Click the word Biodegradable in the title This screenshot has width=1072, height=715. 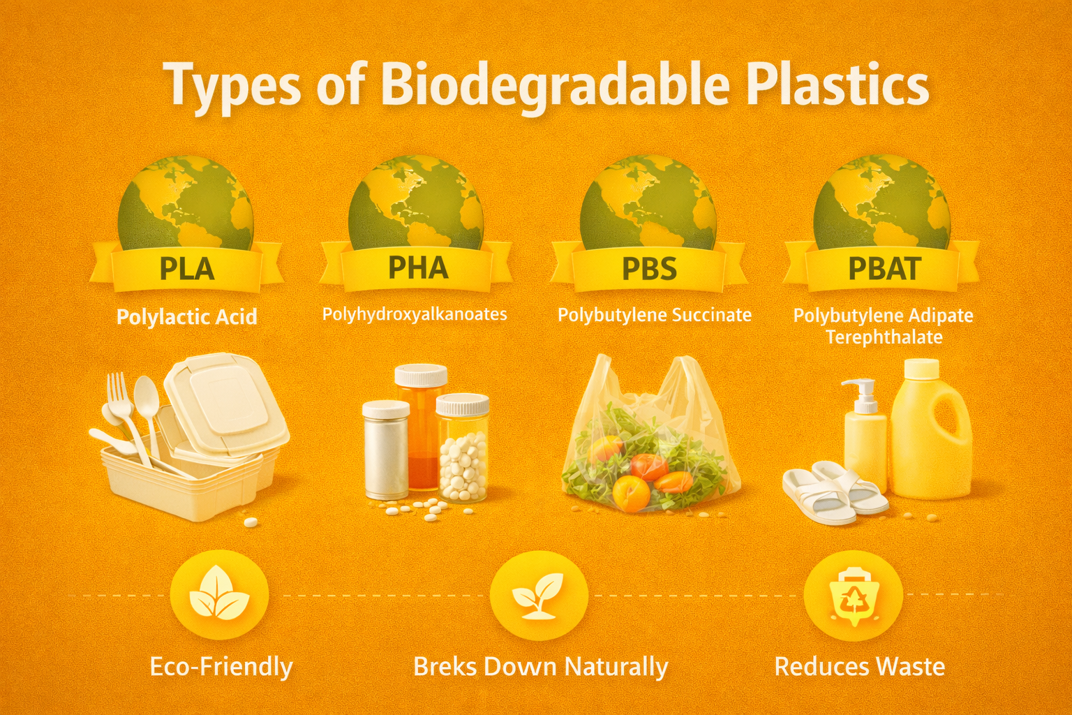pyautogui.click(x=555, y=85)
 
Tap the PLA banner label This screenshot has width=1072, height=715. pyautogui.click(x=186, y=268)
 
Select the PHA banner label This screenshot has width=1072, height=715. pyautogui.click(x=417, y=267)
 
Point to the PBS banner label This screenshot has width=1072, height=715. pyautogui.click(x=649, y=269)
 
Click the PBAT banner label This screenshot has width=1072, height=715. pyautogui.click(x=884, y=269)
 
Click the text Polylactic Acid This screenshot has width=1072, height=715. pyautogui.click(x=186, y=317)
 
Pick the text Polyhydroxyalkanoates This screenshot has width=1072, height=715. pyautogui.click(x=415, y=314)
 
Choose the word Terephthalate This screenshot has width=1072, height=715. pyautogui.click(x=884, y=337)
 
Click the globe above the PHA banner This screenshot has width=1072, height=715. pyautogui.click(x=416, y=202)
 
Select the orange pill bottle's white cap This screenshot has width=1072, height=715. pyautogui.click(x=421, y=376)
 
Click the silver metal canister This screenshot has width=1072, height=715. pyautogui.click(x=385, y=450)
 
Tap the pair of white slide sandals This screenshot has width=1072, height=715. pyautogui.click(x=835, y=492)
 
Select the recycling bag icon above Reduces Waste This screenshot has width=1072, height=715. pyautogui.click(x=853, y=595)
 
